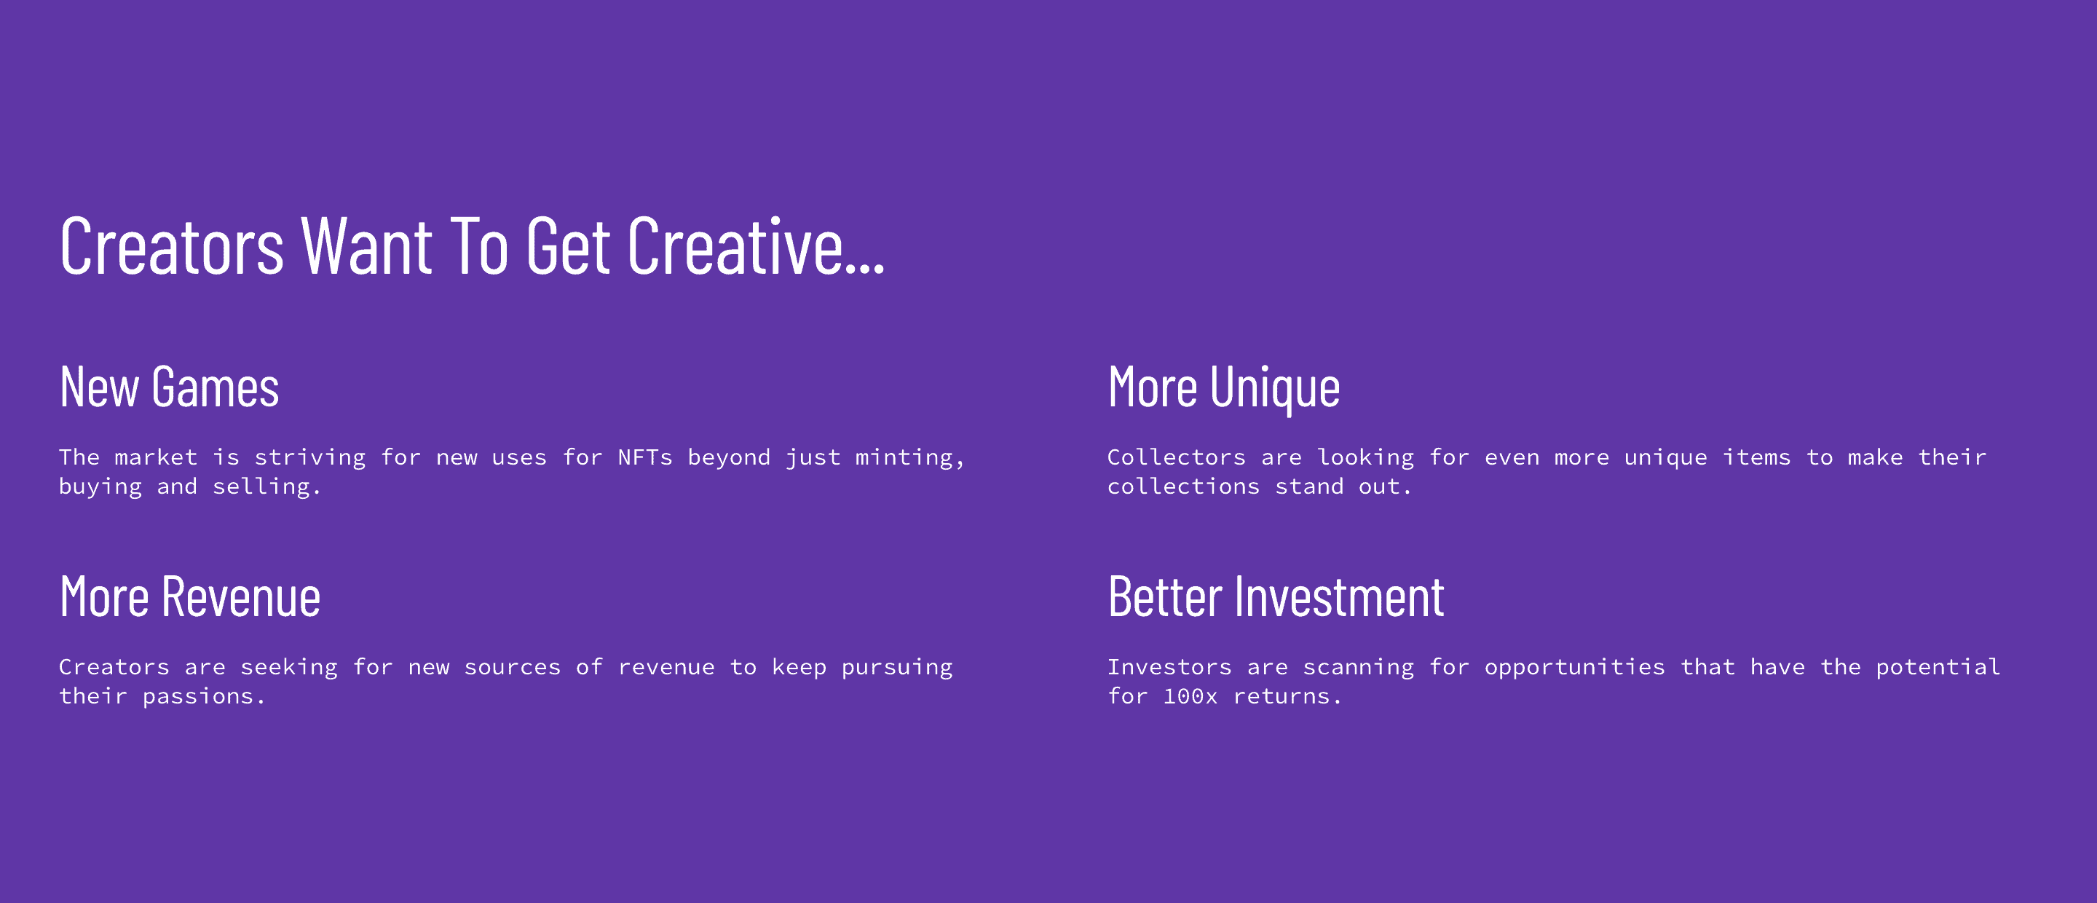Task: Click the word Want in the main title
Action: pyautogui.click(x=366, y=246)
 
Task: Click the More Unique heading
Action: pyautogui.click(x=1223, y=389)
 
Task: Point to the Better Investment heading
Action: pyautogui.click(x=1276, y=597)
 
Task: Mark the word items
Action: pyautogui.click(x=1757, y=457)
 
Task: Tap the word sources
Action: pyautogui.click(x=512, y=669)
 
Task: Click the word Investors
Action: pyautogui.click(x=1170, y=668)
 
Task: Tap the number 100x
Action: pyautogui.click(x=1190, y=697)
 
